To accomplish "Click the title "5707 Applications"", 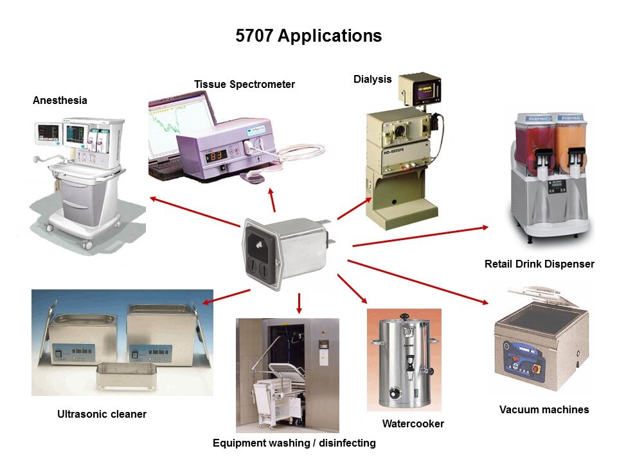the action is pyautogui.click(x=308, y=36).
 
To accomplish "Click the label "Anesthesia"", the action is pyautogui.click(x=60, y=100).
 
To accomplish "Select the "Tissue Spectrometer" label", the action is pyautogui.click(x=244, y=84).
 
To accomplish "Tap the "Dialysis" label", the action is pyautogui.click(x=372, y=79).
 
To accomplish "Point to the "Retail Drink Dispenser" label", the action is pyautogui.click(x=539, y=264).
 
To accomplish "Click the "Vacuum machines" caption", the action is pyautogui.click(x=544, y=409).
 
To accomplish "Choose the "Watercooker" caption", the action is pyautogui.click(x=413, y=424).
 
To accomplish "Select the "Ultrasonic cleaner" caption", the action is pyautogui.click(x=102, y=414).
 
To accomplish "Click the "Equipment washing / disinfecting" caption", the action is pyautogui.click(x=294, y=443).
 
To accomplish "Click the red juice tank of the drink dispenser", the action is pyautogui.click(x=534, y=141).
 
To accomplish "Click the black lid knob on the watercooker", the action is pyautogui.click(x=405, y=316).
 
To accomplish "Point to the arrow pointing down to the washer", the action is pyautogui.click(x=299, y=303).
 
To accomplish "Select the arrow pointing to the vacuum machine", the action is pyautogui.click(x=418, y=282).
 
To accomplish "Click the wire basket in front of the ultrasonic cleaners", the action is pyautogui.click(x=127, y=376).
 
